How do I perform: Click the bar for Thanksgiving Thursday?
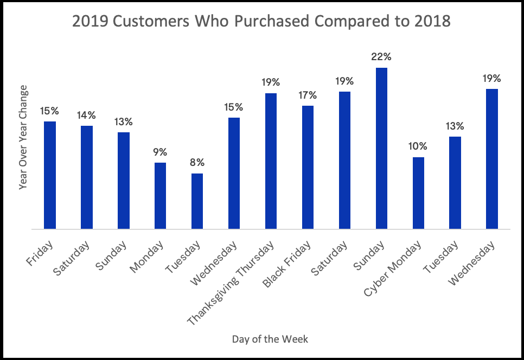tap(271, 161)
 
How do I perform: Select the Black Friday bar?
tap(308, 167)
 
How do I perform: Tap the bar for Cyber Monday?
tap(418, 193)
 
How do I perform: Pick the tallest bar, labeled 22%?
tap(381, 148)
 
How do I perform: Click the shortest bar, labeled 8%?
tap(197, 201)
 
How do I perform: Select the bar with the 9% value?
tap(160, 196)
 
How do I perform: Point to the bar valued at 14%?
tap(86, 177)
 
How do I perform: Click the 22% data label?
tap(381, 57)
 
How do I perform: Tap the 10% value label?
tap(418, 146)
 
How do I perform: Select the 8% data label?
tap(197, 163)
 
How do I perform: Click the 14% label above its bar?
tap(86, 115)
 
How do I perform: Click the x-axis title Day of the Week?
tap(270, 339)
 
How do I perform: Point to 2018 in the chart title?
tap(431, 22)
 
